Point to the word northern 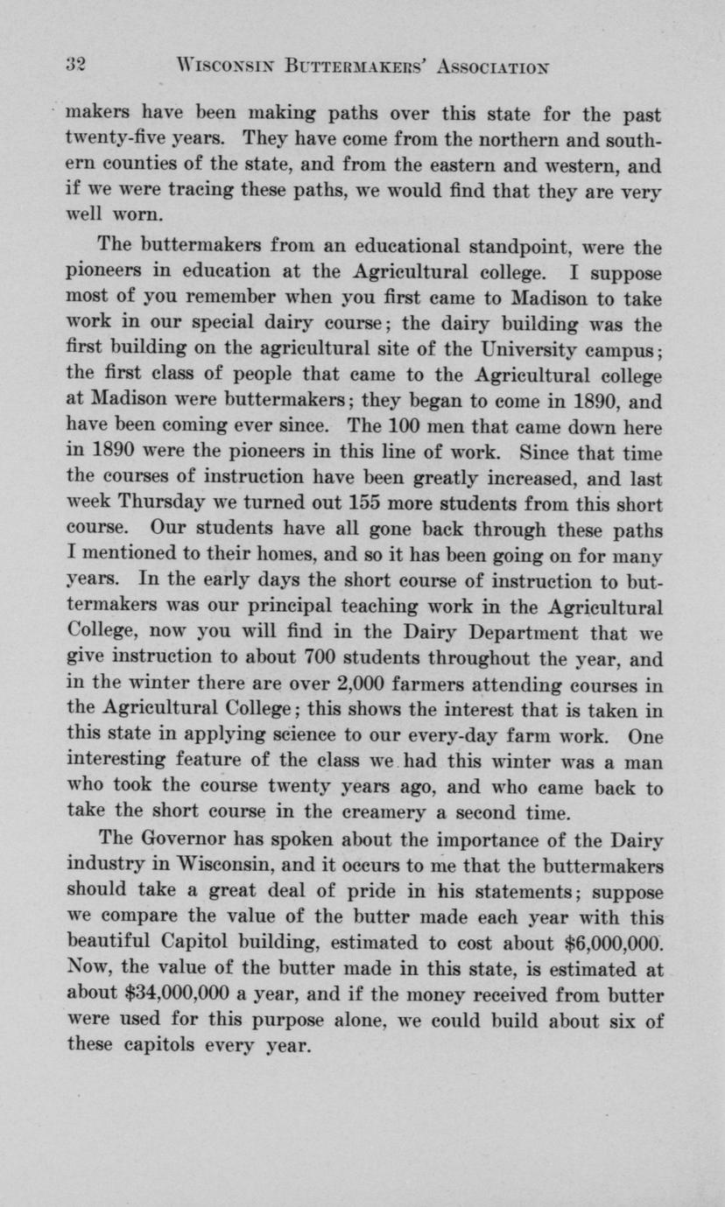[477, 139]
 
